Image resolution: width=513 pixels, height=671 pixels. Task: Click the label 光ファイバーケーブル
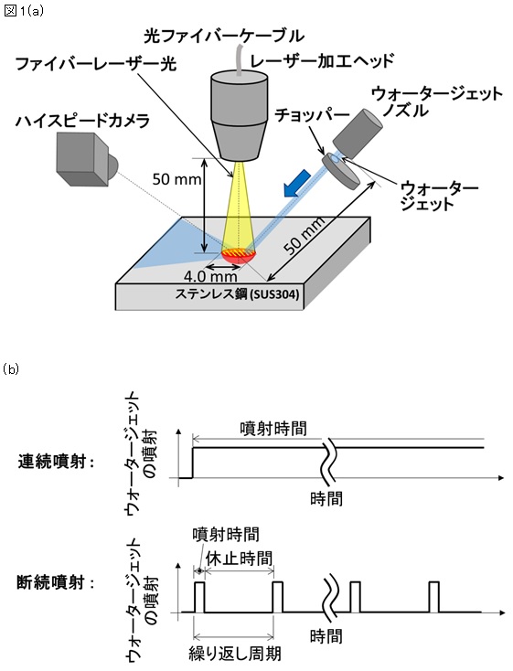pos(224,36)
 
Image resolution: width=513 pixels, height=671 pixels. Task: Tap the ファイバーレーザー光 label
pos(95,64)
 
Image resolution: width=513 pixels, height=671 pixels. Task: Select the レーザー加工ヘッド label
pos(323,60)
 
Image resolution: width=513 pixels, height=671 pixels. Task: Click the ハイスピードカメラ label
pos(82,121)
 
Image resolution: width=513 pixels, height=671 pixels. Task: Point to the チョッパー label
pos(312,115)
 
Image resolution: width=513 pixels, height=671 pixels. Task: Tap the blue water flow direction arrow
pos(295,183)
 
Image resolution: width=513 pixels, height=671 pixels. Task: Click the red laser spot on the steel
pos(239,255)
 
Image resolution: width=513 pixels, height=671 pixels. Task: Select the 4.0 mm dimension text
pos(209,276)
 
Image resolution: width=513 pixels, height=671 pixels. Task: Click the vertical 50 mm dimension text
pos(176,179)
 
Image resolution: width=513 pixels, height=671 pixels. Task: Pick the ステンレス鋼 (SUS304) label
pos(237,295)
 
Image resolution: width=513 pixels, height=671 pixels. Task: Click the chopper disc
pos(341,171)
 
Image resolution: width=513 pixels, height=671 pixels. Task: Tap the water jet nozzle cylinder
pos(358,133)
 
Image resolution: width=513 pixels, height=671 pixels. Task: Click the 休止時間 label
pos(239,559)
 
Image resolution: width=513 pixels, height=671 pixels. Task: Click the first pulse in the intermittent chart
pos(199,597)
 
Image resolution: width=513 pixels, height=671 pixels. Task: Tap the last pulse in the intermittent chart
pos(434,597)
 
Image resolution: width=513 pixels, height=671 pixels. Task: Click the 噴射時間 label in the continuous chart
pos(273,429)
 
